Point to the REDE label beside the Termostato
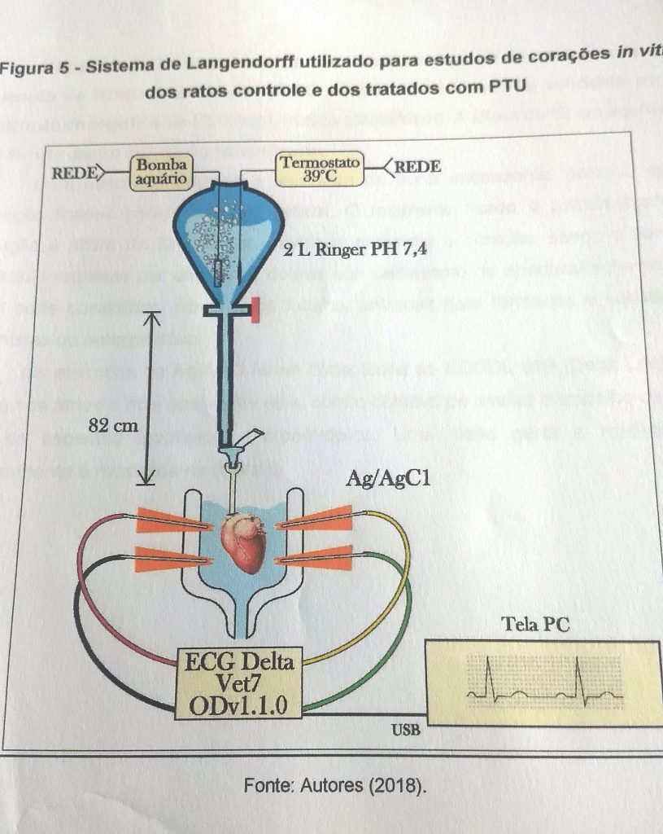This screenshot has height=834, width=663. pyautogui.click(x=417, y=168)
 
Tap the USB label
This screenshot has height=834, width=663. pyautogui.click(x=406, y=730)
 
